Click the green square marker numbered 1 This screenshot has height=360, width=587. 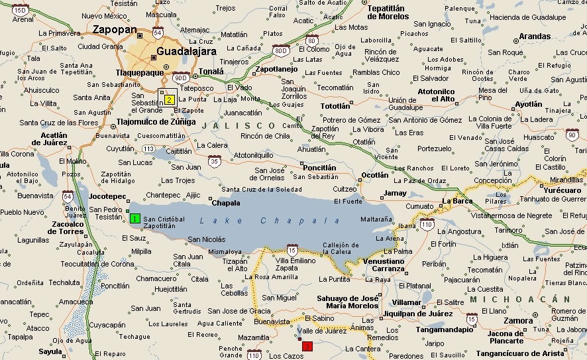pyautogui.click(x=134, y=218)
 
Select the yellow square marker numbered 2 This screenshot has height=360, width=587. pyautogui.click(x=169, y=100)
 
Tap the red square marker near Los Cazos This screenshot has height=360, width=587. pyautogui.click(x=307, y=346)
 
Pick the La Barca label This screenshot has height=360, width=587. pyautogui.click(x=456, y=200)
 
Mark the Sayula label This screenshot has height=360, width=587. pyautogui.click(x=50, y=351)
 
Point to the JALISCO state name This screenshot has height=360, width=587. pyautogui.click(x=239, y=125)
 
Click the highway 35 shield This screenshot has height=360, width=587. pyautogui.click(x=214, y=161)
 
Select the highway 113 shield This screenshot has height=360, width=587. pyautogui.click(x=149, y=149)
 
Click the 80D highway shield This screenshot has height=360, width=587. pyautogui.click(x=280, y=49)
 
